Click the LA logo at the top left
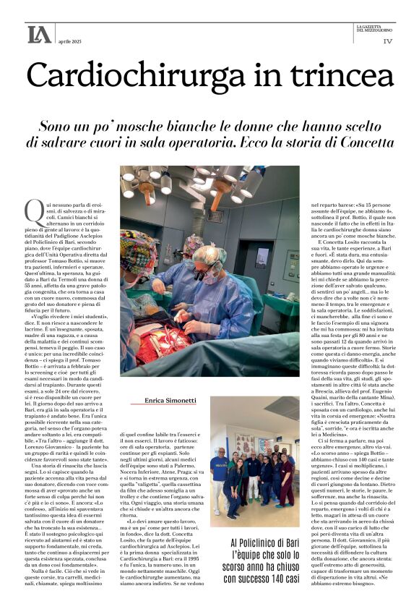39,34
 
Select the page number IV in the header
387,41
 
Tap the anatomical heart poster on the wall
246,442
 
